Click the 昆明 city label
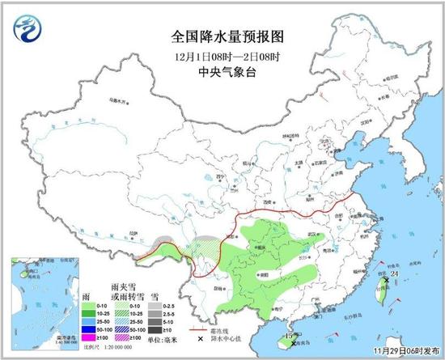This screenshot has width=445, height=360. (x=217, y=287)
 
